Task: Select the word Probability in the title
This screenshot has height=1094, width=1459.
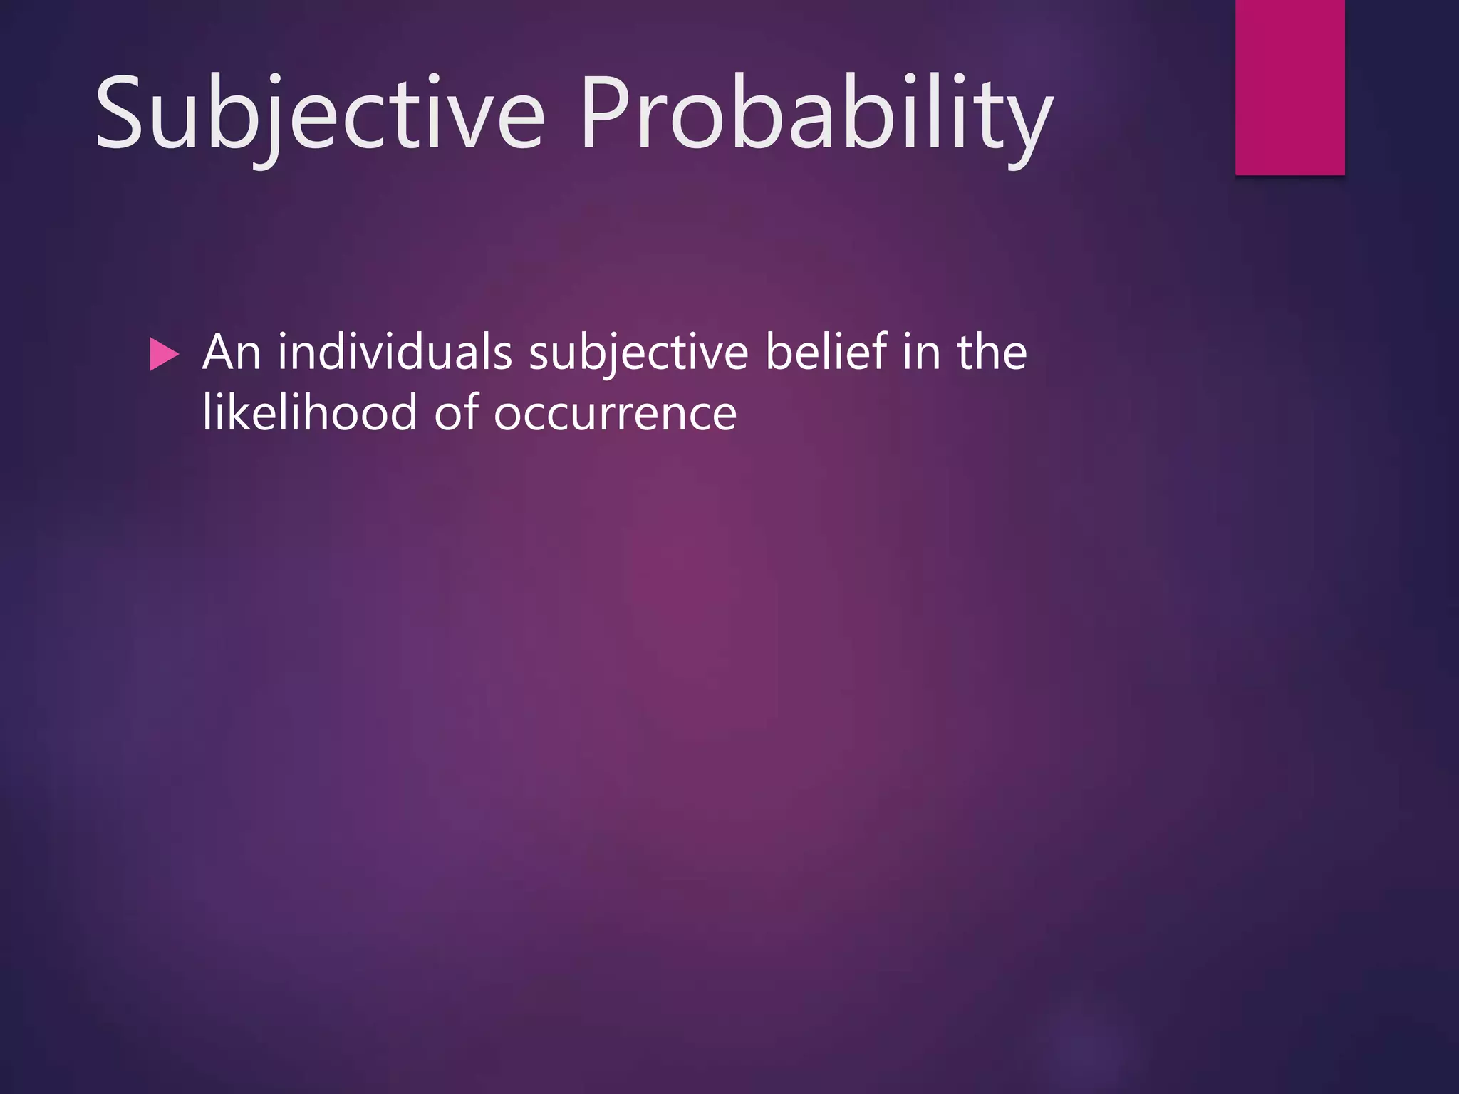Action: pos(816,114)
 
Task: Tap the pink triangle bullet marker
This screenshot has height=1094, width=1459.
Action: pos(164,354)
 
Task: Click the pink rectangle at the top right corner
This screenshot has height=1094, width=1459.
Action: pos(1289,87)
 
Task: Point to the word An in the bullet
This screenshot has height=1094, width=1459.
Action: pos(232,353)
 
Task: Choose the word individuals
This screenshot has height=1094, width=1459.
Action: pos(395,353)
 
